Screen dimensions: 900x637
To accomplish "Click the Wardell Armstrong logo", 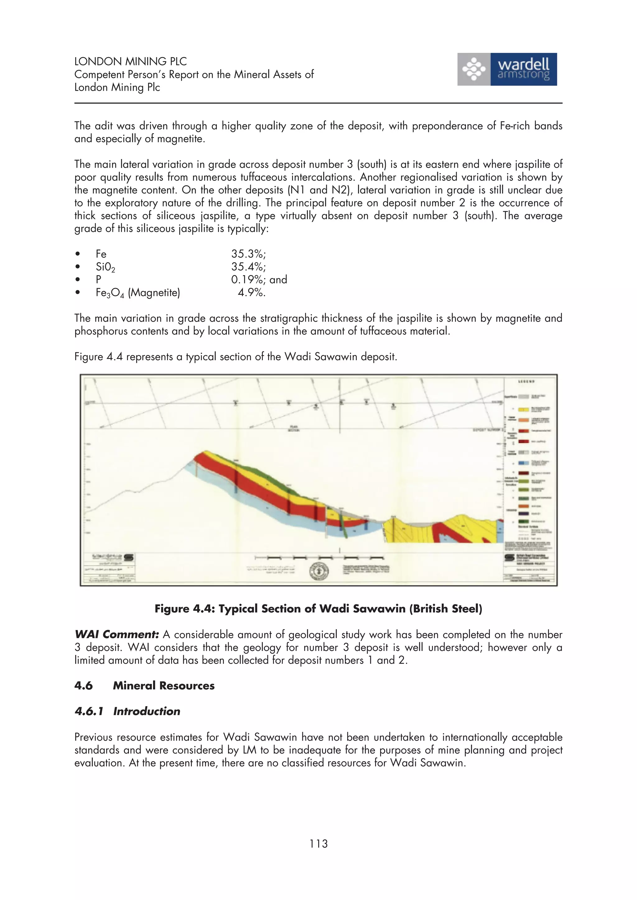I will point(507,69).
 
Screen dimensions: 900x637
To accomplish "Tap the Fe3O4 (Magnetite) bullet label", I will point(138,293).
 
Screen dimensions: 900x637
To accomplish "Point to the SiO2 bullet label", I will point(105,267).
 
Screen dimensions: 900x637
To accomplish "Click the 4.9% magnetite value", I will point(252,293).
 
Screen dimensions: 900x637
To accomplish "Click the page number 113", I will point(318,843).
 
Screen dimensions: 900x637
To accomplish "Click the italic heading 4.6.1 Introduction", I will point(127,711).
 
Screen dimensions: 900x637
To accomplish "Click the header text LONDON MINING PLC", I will point(130,61).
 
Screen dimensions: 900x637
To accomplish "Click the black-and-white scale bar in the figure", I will point(319,557).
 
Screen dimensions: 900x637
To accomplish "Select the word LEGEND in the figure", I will point(526,381).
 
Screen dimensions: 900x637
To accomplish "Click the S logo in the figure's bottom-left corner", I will point(129,557).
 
